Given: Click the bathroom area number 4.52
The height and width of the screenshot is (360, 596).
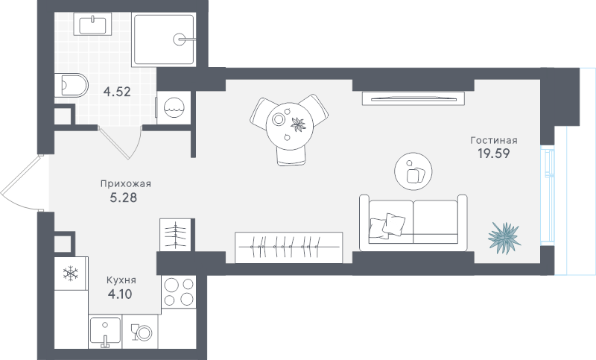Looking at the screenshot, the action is coord(117,92).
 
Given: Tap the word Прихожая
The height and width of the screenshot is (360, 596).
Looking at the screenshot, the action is coord(125,184).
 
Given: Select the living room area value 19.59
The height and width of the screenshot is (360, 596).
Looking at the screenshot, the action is coord(493,154).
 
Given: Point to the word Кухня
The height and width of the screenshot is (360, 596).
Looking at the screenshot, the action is coord(121,280).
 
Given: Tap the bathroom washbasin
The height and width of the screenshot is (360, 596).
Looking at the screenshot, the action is coord(92,24).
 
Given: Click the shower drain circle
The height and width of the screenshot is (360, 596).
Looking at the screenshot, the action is coord(179,39).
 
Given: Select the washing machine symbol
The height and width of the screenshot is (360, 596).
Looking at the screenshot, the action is coord(174,107).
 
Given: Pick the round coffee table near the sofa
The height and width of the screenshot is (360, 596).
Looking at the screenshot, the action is coord(413,171).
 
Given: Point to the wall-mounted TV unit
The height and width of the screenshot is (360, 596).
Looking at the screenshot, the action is coord(413,98).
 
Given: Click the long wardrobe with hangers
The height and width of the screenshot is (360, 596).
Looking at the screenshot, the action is coord(289,247).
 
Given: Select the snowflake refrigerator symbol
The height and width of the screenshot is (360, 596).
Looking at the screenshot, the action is coord(71,274).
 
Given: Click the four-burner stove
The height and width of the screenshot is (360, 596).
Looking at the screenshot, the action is coord(179,292).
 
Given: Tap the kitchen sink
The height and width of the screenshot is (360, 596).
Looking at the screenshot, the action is coord(105,331).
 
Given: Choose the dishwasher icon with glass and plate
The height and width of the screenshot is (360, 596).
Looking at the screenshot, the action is coord(142,332).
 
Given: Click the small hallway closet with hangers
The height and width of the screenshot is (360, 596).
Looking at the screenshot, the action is coord(175,235).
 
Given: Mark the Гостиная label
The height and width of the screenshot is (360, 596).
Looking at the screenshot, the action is coord(494,140).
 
